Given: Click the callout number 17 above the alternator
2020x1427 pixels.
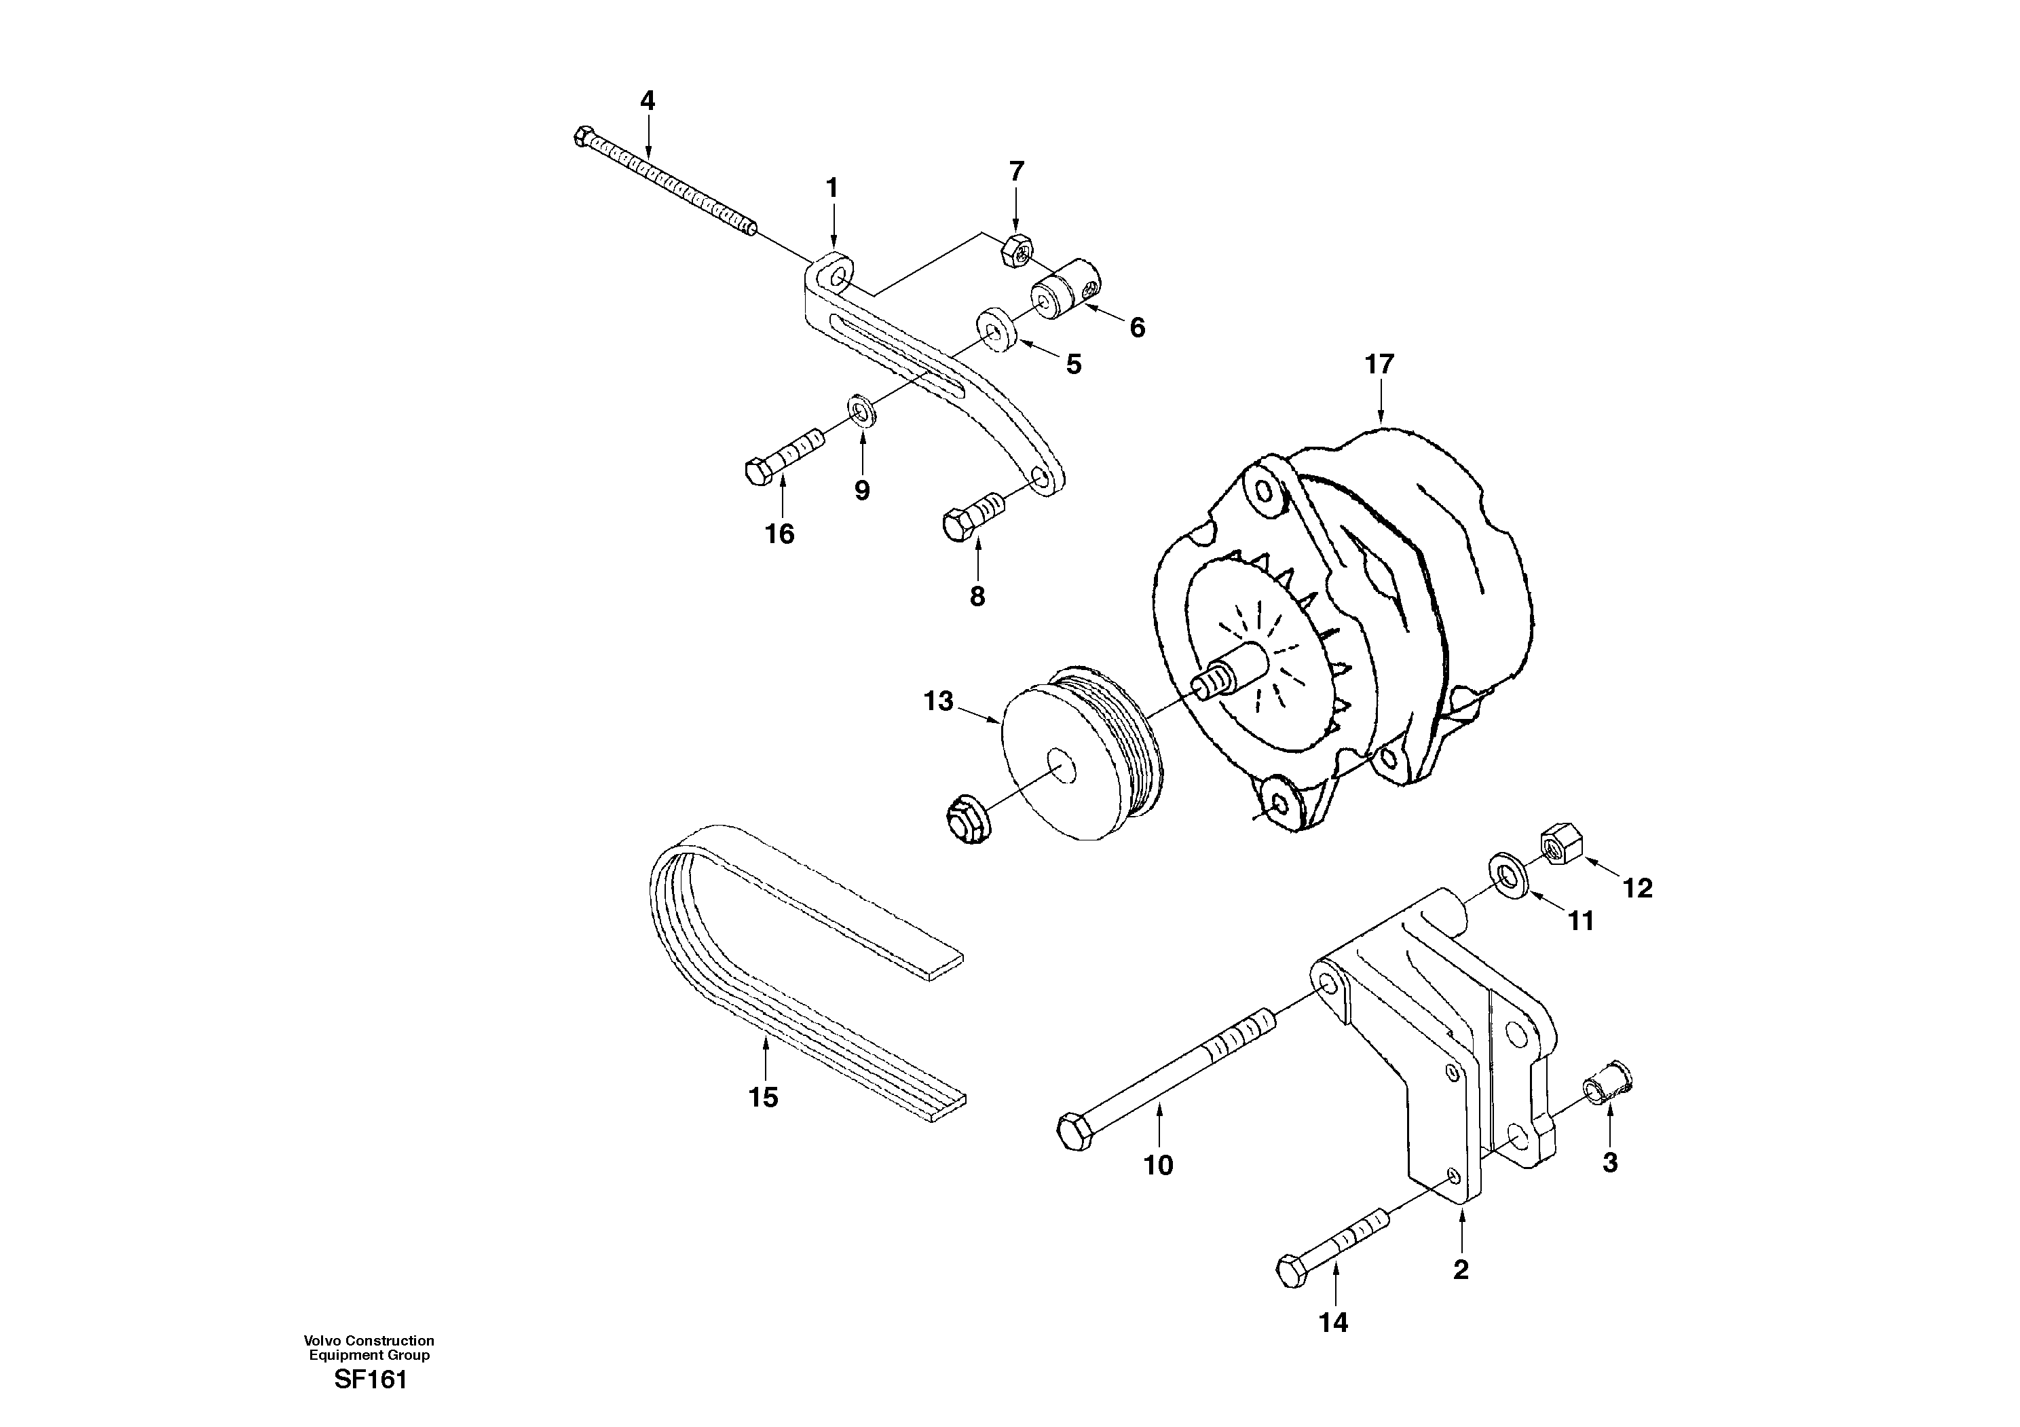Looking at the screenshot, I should tap(1379, 365).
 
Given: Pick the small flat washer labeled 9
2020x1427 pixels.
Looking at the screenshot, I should tap(861, 409).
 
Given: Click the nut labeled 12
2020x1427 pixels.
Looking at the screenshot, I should tap(1559, 845).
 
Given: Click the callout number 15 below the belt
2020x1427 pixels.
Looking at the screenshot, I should tap(764, 1097).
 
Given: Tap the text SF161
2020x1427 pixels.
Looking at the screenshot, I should tap(371, 1379).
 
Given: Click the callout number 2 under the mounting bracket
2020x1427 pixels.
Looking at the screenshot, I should tap(1461, 1270).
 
